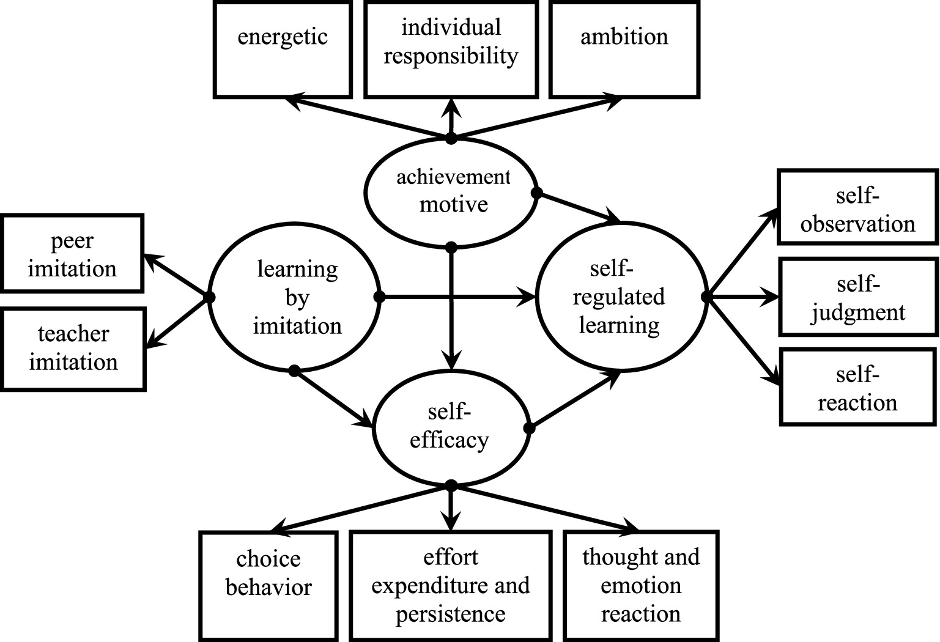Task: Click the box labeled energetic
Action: (x=283, y=49)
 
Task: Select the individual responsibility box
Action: (x=451, y=49)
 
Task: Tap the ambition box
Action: (x=624, y=49)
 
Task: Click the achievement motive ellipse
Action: (x=451, y=191)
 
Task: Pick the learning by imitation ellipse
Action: (x=294, y=297)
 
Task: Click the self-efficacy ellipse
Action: (x=450, y=426)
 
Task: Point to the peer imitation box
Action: (x=72, y=253)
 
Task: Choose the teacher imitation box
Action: (x=73, y=349)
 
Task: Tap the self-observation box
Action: (x=857, y=208)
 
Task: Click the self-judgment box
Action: (x=858, y=297)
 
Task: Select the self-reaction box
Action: (x=857, y=387)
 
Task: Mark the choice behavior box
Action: (x=268, y=586)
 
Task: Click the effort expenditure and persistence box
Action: (x=451, y=586)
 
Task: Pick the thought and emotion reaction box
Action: (x=640, y=586)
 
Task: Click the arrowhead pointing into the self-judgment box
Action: (x=772, y=298)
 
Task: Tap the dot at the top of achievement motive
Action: (x=451, y=138)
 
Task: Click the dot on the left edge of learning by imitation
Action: (x=210, y=297)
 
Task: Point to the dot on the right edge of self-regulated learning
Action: (x=706, y=297)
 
